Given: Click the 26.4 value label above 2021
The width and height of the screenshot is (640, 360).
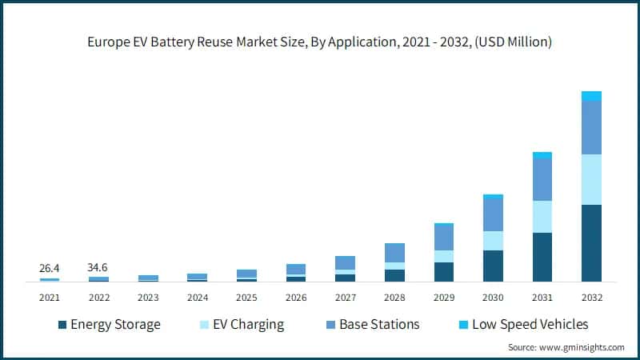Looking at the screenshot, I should tap(50, 267).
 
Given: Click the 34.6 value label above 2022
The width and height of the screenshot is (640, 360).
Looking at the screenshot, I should tap(98, 266).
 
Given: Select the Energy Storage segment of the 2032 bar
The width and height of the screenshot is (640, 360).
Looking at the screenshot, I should tap(591, 243).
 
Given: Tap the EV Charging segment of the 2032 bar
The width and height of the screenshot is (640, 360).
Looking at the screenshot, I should tap(591, 179).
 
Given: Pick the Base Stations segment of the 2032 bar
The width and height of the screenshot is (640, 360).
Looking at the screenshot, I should tap(591, 128).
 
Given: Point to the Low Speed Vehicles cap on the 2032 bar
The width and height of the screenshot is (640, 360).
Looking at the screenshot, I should tap(591, 96).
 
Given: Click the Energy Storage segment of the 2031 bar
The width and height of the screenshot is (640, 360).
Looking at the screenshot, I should tap(542, 257).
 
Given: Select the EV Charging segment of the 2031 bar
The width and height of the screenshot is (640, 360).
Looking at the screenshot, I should tap(542, 217).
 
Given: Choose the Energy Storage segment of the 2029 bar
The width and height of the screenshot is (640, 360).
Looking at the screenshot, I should tap(444, 272).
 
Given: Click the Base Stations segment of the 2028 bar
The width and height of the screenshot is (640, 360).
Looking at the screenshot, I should tap(394, 253).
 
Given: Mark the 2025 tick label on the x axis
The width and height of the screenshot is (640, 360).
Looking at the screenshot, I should tap(246, 298).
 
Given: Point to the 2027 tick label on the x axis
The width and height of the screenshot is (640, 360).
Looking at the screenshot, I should tap(345, 298).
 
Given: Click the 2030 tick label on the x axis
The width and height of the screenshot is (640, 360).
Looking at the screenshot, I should tap(493, 298).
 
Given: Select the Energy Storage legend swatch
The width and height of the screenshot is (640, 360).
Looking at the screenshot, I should tap(62, 325).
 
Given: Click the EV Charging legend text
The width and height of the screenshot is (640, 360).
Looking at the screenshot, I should tap(245, 325).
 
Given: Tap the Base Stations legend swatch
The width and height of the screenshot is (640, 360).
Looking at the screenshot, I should tap(330, 325).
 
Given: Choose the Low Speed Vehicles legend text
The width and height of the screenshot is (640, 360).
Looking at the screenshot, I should tap(530, 325).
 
